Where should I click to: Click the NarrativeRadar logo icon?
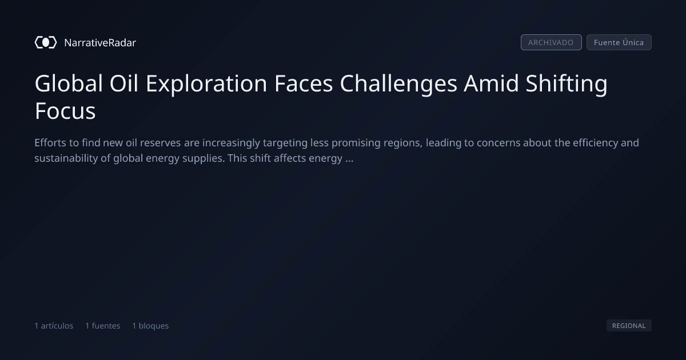coord(46,42)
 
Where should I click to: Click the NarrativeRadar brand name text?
coord(100,43)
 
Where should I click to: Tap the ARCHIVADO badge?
coord(551,42)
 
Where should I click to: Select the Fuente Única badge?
coord(619,42)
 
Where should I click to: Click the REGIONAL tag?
coord(629,326)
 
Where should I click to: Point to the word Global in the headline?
coord(69,83)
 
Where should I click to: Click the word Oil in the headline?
coord(123,83)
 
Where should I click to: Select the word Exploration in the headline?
coord(206,84)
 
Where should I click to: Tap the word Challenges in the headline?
coord(398,84)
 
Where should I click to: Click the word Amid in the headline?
coord(491,83)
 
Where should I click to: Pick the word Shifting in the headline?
coord(567,84)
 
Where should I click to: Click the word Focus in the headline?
coord(65,111)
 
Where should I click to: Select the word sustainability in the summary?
coord(66,158)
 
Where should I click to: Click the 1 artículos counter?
coord(54,326)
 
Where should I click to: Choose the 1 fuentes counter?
coord(102,326)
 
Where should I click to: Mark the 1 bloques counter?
coord(150,326)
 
